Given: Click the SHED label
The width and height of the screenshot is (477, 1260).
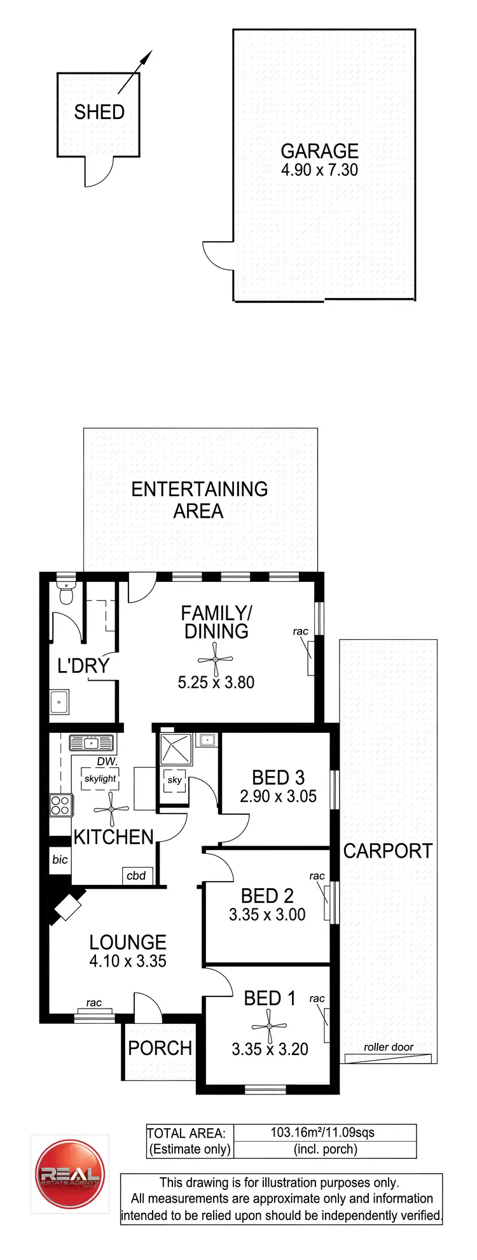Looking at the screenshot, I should (99, 112).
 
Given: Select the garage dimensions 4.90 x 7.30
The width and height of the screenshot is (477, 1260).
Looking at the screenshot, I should (319, 170).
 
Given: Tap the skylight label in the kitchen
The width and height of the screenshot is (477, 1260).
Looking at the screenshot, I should (100, 779).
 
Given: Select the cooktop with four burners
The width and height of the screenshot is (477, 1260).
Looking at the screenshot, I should (60, 805).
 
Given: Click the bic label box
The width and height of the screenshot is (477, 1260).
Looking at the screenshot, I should (60, 860).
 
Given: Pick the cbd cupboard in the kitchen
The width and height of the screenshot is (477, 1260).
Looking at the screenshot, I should (136, 875).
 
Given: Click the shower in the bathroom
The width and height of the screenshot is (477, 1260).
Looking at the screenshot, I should (176, 749).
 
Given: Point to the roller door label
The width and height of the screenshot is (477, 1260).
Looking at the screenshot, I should (389, 1047).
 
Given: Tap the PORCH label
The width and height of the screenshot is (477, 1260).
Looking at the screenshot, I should (160, 1048).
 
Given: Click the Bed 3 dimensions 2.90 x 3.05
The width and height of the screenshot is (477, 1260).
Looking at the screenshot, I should (278, 796).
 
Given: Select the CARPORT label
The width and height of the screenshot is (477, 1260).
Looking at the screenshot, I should (388, 851).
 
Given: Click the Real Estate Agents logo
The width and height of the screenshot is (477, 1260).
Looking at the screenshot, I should (69, 1173).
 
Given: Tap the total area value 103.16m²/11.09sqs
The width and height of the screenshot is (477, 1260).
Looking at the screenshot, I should (322, 1133).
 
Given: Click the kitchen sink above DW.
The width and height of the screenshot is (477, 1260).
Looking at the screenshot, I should (91, 742).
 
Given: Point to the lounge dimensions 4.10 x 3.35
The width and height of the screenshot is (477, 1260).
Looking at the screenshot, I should (128, 961).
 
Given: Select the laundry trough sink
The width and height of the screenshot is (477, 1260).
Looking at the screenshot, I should (60, 702).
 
